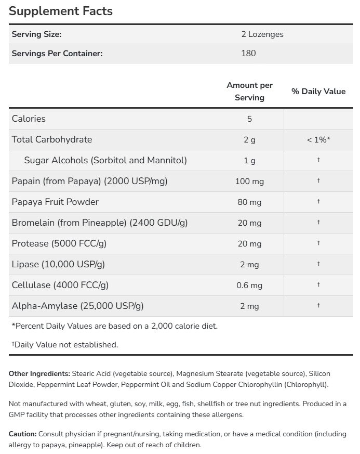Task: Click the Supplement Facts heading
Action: click(61, 11)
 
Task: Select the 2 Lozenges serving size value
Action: click(262, 34)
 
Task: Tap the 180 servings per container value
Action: click(248, 53)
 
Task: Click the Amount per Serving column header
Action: click(249, 91)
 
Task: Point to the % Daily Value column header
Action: click(318, 91)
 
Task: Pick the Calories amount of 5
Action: click(249, 119)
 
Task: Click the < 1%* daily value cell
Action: click(318, 139)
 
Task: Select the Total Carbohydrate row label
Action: click(51, 139)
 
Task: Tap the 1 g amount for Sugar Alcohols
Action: click(249, 160)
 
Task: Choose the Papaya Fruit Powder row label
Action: click(55, 202)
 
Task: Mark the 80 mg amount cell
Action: click(249, 202)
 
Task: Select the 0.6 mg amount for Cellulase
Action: click(249, 285)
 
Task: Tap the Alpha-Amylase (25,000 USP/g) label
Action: click(77, 306)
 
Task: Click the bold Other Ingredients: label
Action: click(39, 373)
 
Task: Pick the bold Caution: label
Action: click(25, 433)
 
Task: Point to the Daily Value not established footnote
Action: click(65, 344)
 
